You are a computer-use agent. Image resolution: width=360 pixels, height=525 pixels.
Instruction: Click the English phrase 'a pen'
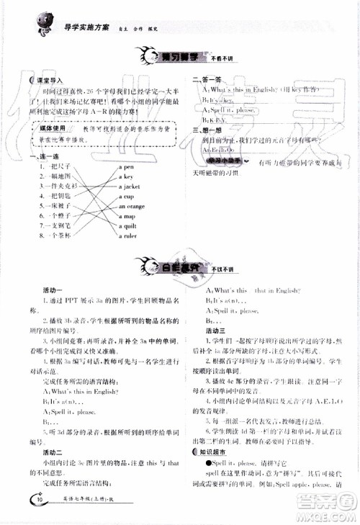pyautogui.click(x=126, y=166)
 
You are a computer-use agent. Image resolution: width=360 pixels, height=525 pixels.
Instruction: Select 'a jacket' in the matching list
pyautogui.click(x=130, y=186)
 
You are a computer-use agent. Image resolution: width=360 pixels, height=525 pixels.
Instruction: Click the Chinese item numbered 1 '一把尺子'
pyautogui.click(x=55, y=166)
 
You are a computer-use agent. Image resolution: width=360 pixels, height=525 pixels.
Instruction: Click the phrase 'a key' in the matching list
pyautogui.click(x=126, y=176)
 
